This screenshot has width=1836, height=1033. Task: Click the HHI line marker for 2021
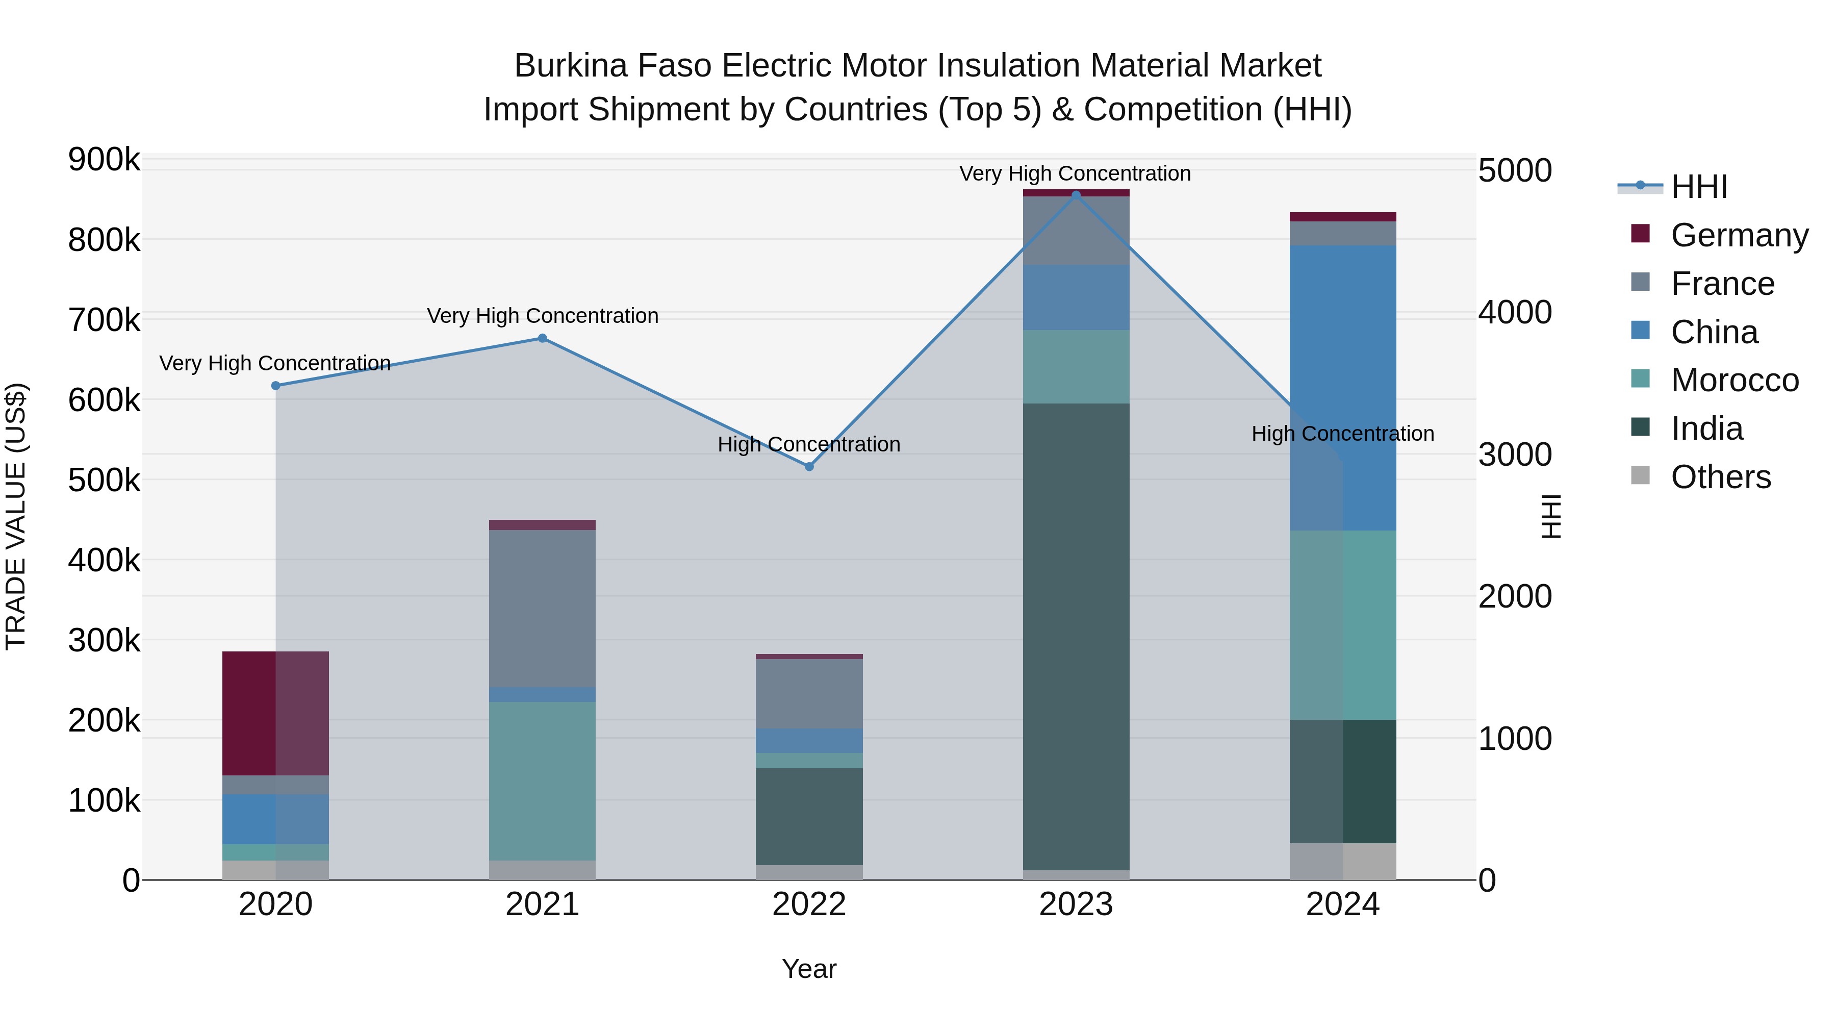(x=543, y=338)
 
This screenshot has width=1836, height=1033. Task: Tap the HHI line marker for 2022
(x=809, y=466)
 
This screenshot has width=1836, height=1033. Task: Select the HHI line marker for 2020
(x=276, y=386)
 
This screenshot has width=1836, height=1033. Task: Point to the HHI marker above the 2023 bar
(x=1076, y=195)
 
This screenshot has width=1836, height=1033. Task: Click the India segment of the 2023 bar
(x=1076, y=637)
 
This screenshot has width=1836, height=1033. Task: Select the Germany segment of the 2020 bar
(x=276, y=713)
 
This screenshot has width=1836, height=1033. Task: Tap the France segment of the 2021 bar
(x=543, y=608)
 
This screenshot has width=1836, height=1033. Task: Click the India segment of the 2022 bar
(x=809, y=816)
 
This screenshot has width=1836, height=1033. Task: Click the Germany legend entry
(x=1739, y=235)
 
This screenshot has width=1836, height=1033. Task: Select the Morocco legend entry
(x=1734, y=380)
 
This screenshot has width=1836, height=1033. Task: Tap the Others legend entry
(x=1721, y=477)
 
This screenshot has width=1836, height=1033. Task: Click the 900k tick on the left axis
(x=104, y=160)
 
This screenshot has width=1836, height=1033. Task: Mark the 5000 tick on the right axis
(x=1515, y=171)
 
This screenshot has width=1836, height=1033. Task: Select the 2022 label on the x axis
(x=809, y=904)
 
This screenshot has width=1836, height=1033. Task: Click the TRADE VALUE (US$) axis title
(x=16, y=516)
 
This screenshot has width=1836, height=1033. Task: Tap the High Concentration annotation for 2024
(x=1343, y=434)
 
